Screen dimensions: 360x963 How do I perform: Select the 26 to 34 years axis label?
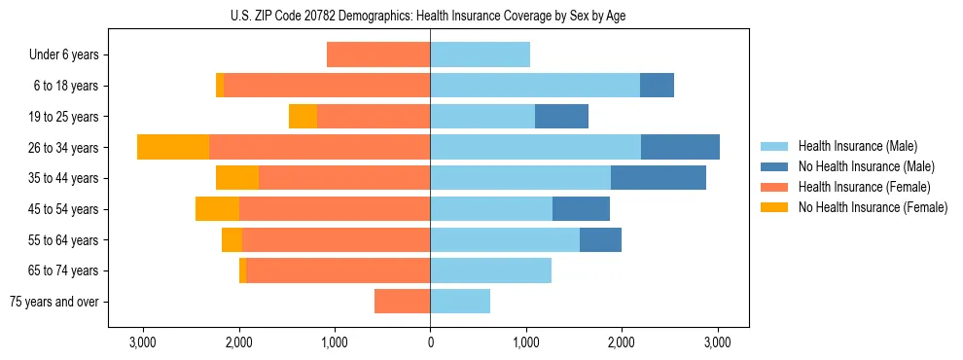click(x=63, y=148)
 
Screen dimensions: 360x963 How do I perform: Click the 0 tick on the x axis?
click(x=430, y=342)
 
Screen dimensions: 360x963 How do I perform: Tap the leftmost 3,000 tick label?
click(x=143, y=342)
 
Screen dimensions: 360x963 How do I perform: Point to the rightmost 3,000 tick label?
click(x=718, y=342)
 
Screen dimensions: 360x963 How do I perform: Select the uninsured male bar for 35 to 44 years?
click(x=659, y=178)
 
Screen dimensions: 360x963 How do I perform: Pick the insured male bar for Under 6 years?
click(x=481, y=54)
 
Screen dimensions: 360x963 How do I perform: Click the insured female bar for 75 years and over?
click(x=403, y=302)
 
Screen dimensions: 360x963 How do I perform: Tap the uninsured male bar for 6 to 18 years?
click(x=657, y=86)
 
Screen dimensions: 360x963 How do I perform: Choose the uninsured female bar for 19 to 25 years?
click(x=303, y=117)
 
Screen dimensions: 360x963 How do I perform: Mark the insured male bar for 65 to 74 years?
click(x=491, y=270)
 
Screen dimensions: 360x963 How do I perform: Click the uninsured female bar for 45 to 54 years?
click(x=217, y=209)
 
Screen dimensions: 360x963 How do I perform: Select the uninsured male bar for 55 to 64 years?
click(x=600, y=240)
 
